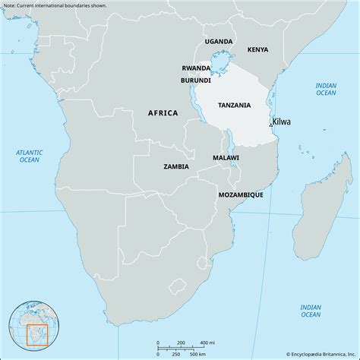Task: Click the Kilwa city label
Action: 282,122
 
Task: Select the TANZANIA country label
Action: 235,105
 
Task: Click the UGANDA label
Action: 219,41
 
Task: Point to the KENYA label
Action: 257,49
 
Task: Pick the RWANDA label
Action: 196,68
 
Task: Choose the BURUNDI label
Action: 195,80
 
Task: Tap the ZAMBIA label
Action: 176,166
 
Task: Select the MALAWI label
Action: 226,158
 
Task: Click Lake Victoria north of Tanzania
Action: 221,60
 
